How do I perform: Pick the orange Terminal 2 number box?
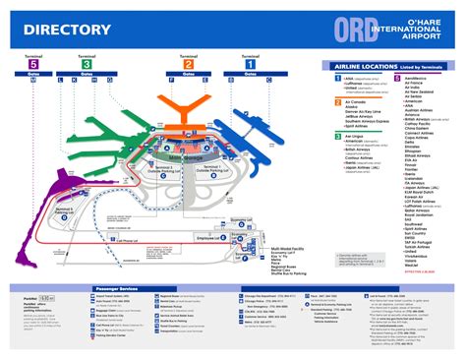tap(187, 64)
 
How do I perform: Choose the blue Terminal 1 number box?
tap(242, 64)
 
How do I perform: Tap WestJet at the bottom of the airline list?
tap(413, 264)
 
